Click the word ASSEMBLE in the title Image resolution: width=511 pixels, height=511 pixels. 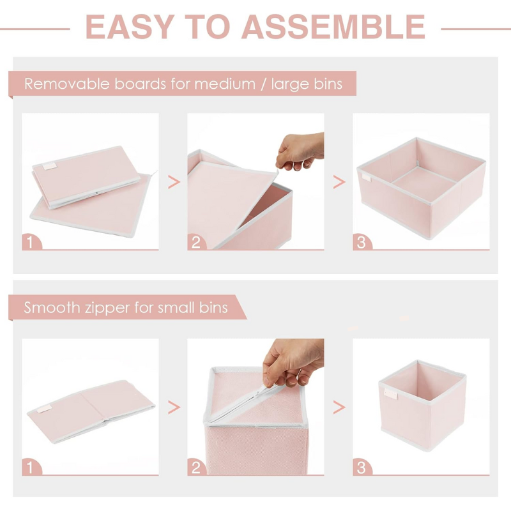(333, 27)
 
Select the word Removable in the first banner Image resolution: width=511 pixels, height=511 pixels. (67, 84)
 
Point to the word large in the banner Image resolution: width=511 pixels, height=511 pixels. (286, 84)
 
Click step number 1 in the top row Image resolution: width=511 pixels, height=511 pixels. (30, 243)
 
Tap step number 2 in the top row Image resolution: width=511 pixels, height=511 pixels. (196, 243)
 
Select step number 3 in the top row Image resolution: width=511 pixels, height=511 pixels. (362, 243)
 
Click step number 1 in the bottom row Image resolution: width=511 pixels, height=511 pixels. (30, 468)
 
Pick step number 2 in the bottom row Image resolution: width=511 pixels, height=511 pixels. (196, 468)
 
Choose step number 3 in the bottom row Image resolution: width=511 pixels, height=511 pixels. (362, 468)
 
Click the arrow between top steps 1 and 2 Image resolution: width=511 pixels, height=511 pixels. (174, 182)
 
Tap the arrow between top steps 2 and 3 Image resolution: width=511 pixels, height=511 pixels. (339, 182)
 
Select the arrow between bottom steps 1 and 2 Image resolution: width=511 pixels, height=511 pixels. (174, 408)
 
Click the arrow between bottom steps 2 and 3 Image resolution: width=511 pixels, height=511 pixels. (339, 408)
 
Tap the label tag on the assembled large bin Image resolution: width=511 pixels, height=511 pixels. (366, 178)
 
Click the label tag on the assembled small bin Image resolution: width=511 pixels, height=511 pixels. (391, 394)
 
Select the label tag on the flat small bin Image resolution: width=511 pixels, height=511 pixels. (44, 408)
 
